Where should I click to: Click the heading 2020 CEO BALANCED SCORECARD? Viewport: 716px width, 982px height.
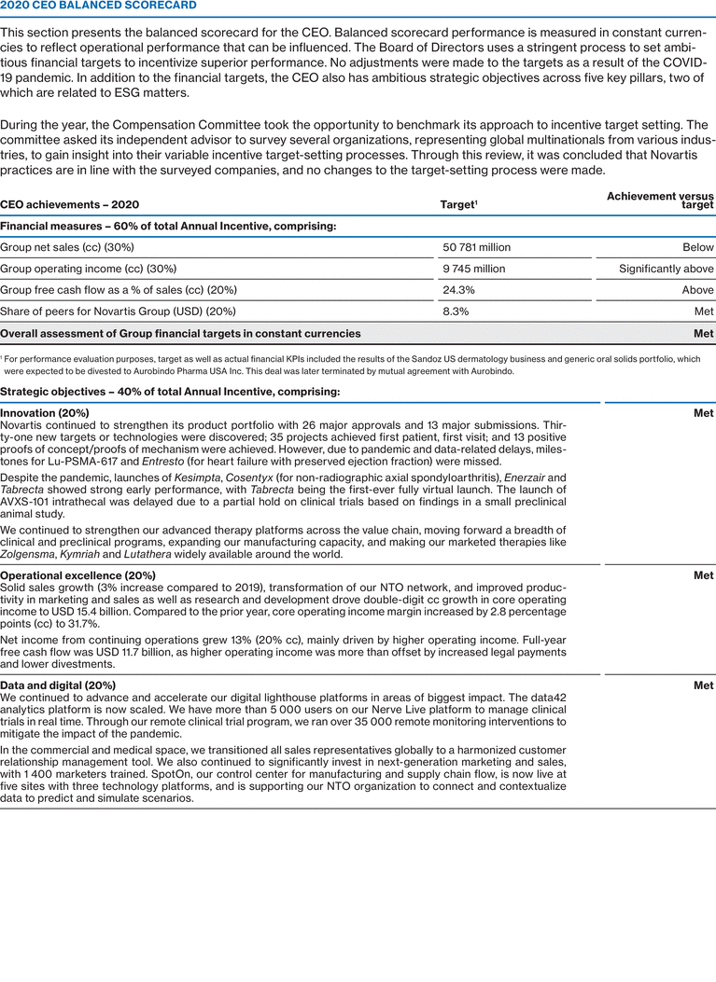click(98, 6)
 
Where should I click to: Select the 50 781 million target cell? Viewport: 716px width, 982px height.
click(476, 247)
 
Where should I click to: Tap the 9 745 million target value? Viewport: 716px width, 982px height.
click(473, 269)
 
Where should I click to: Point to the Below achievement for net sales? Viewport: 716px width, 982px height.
click(698, 247)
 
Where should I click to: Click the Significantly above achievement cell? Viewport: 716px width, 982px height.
click(666, 269)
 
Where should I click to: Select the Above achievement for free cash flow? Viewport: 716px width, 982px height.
click(697, 290)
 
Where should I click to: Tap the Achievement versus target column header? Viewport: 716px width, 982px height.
click(660, 200)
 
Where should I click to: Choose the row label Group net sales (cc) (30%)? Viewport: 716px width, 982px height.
click(67, 247)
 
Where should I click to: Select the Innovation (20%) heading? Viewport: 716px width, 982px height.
click(45, 413)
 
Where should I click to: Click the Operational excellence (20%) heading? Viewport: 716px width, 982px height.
click(77, 575)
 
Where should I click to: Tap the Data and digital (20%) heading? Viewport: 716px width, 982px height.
click(58, 685)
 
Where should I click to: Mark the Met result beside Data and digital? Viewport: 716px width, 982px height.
click(703, 685)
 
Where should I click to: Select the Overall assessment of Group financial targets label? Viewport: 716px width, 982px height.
click(180, 333)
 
